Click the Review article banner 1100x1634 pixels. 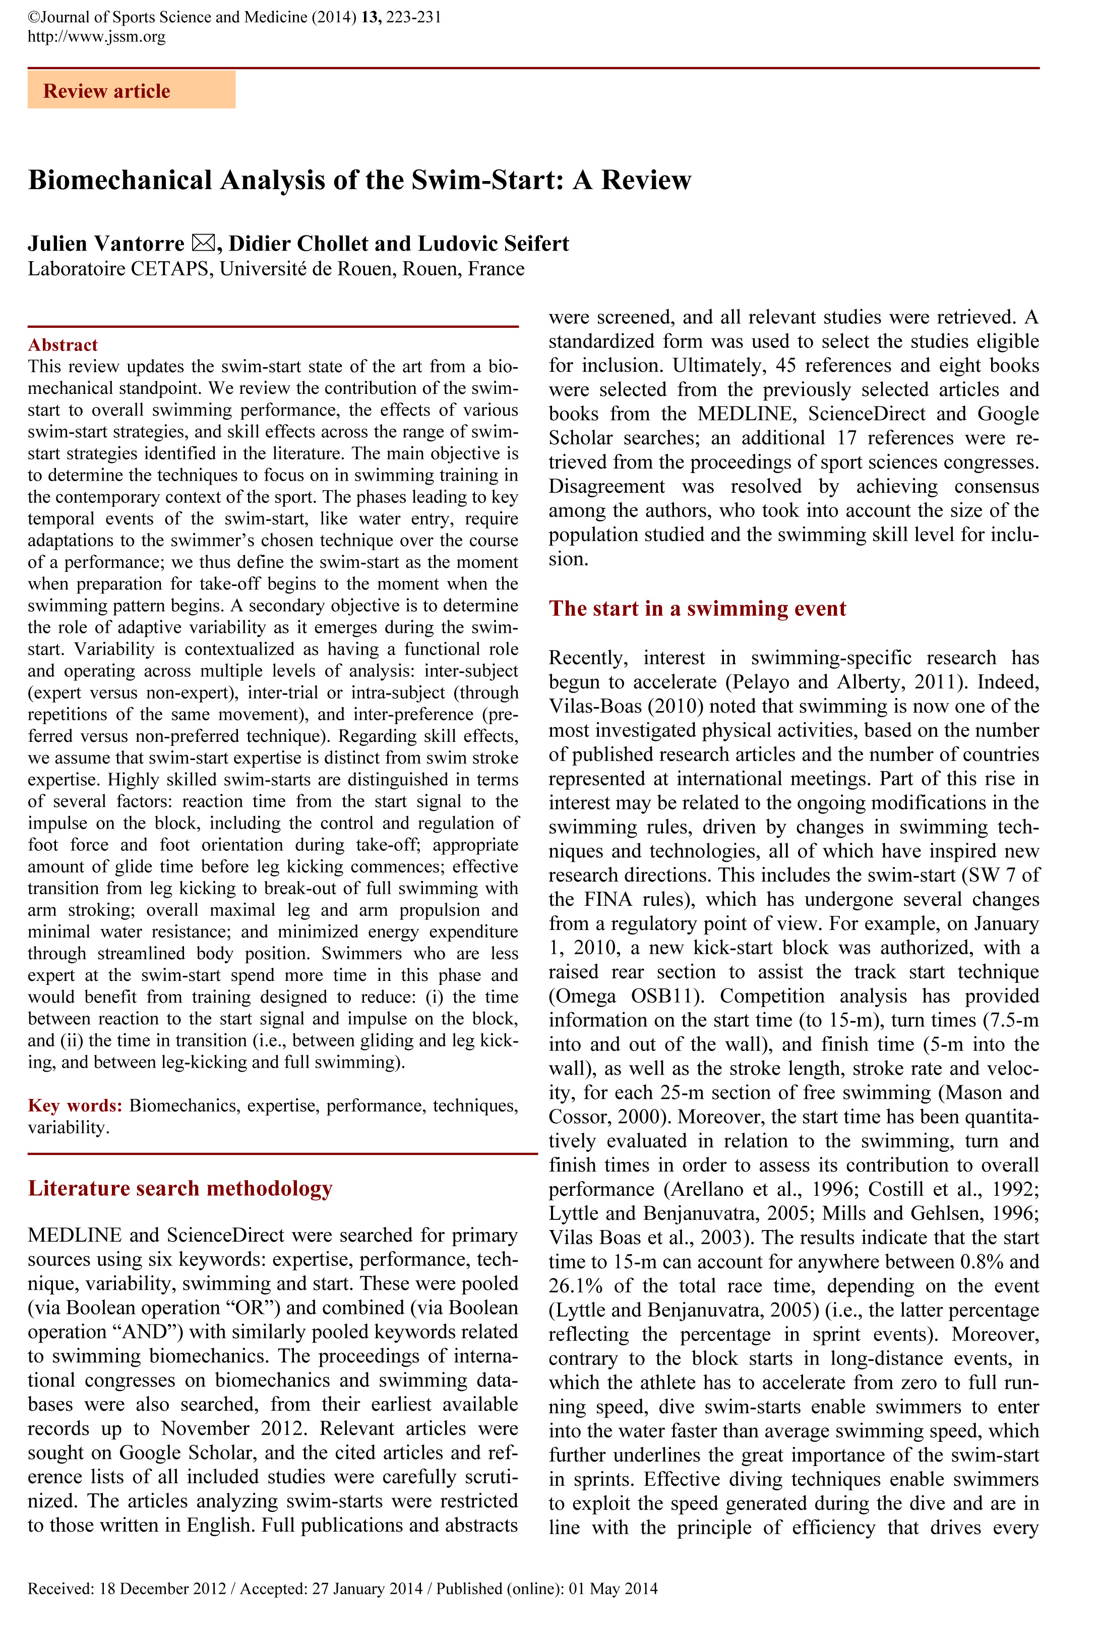131,90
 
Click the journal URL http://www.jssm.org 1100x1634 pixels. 96,36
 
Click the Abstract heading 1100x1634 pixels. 63,345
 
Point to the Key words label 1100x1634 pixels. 75,1105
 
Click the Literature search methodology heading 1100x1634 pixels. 179,1189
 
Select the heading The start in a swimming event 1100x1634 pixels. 697,608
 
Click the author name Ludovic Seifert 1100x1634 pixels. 493,244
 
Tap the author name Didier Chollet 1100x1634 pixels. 297,244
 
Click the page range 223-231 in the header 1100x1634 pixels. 414,17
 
